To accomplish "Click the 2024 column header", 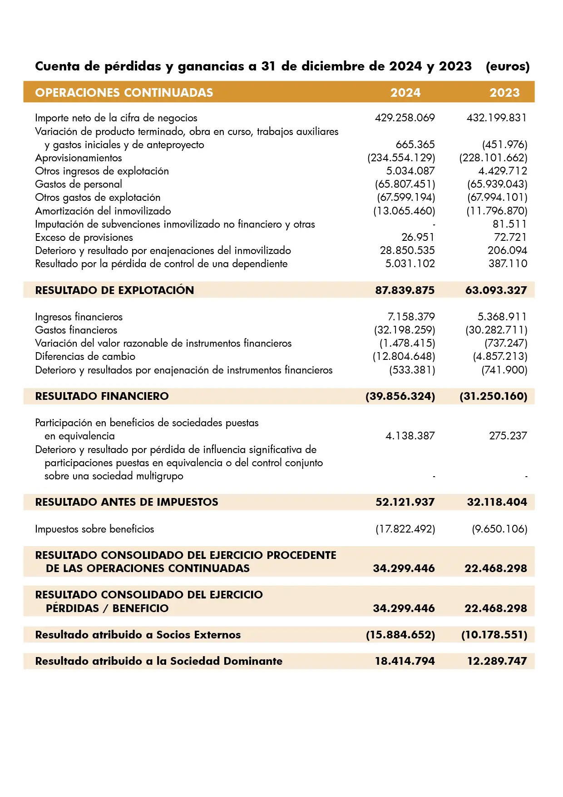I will click(405, 93).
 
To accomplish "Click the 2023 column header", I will click(504, 93).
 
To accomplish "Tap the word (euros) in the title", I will click(507, 66).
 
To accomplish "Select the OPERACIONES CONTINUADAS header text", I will click(124, 93).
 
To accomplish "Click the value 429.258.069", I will click(405, 118).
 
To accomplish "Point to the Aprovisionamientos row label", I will click(79, 158).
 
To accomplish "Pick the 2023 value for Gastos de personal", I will click(497, 184).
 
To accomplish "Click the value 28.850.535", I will click(407, 250).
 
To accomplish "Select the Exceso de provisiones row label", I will click(84, 237).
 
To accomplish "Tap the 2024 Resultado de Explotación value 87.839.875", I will click(405, 290).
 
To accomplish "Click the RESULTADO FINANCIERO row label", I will click(102, 396).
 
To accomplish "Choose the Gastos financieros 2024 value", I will click(405, 330).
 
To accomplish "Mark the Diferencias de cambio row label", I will click(85, 357).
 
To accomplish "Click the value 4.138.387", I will click(410, 436).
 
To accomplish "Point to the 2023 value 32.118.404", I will click(497, 502).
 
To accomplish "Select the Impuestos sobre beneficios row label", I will click(94, 529).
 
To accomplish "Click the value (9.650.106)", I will click(499, 529).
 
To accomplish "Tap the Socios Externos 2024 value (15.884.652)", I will click(400, 635).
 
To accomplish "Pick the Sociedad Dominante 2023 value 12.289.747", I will click(497, 661).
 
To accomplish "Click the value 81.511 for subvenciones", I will click(509, 224).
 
